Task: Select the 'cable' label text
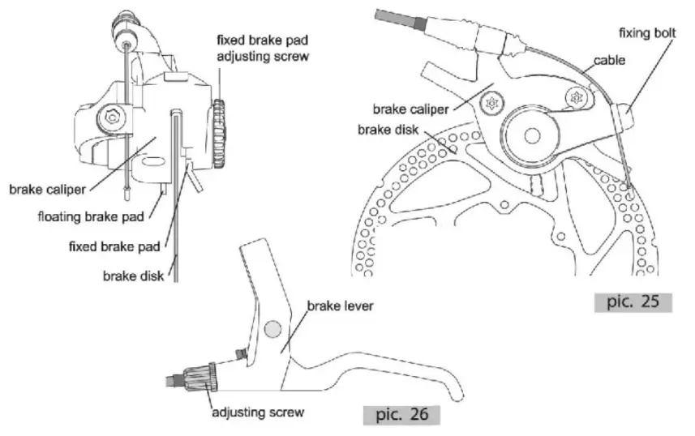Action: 608,60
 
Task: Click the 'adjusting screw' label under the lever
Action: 258,412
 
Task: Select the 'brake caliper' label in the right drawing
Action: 410,108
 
